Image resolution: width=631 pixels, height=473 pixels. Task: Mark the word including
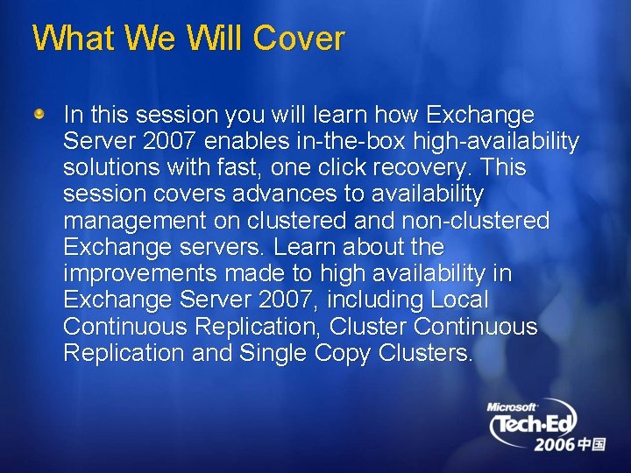point(375,300)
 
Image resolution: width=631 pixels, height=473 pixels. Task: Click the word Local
point(459,300)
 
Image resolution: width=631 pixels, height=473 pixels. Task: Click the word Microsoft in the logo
point(512,407)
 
